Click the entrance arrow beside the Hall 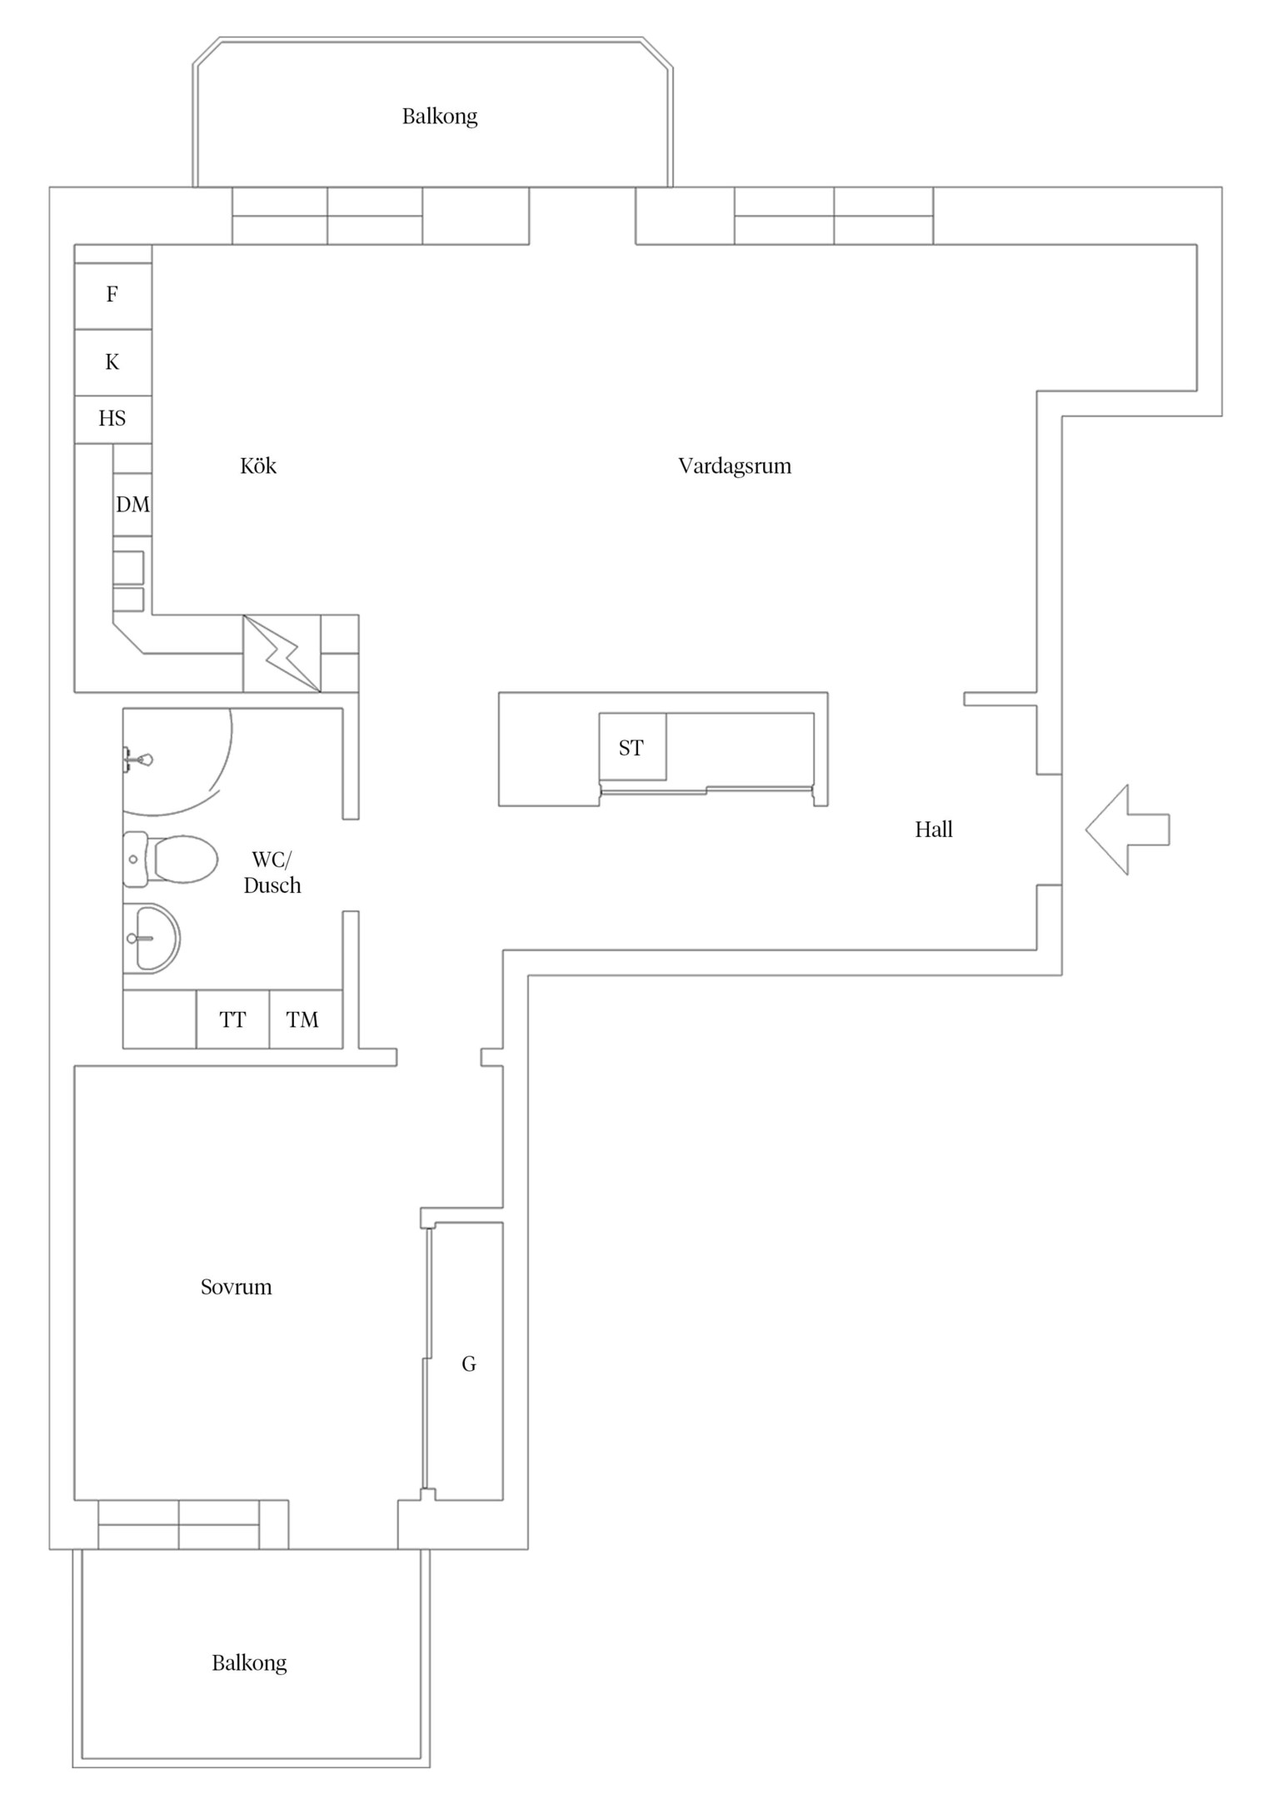[x=1126, y=830]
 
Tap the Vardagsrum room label [x=735, y=466]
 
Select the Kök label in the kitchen [x=258, y=465]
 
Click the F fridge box [x=113, y=296]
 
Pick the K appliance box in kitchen [x=113, y=362]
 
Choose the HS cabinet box [x=113, y=419]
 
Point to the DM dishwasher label [x=133, y=505]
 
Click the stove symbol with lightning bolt [x=282, y=654]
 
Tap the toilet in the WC [x=170, y=859]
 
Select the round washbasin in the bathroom [x=152, y=939]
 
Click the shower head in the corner [x=138, y=760]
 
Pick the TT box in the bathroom [x=233, y=1019]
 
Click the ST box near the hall [x=632, y=747]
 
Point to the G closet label [x=469, y=1364]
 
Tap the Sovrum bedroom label [x=237, y=1287]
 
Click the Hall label [x=934, y=830]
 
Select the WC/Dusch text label [x=272, y=872]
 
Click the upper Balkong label [x=440, y=117]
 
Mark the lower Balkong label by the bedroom [x=249, y=1663]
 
